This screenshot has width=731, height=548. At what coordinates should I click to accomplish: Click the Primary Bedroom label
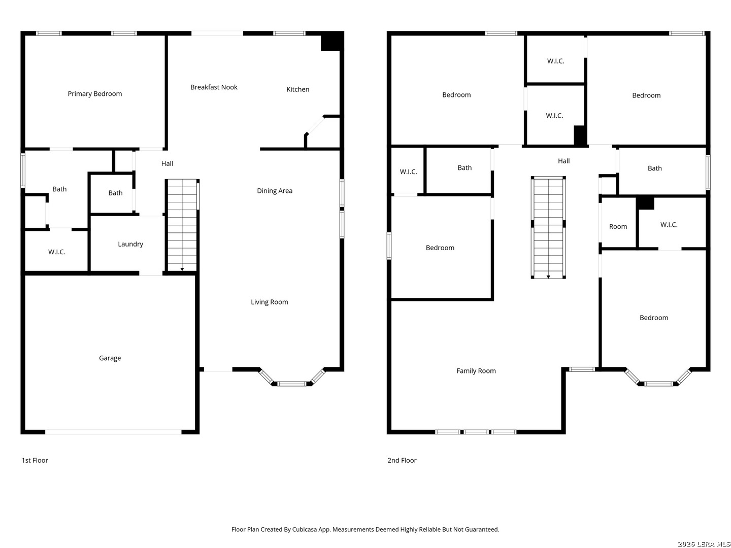[x=94, y=94]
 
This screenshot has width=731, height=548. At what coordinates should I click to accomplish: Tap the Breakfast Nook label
[x=214, y=87]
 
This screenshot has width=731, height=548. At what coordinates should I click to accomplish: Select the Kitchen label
[x=297, y=89]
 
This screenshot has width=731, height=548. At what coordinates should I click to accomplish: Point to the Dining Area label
[x=275, y=191]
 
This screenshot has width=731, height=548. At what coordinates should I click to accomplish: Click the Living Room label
[x=269, y=302]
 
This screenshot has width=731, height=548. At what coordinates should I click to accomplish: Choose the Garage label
[x=110, y=358]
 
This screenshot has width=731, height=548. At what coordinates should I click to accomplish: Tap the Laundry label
[x=130, y=244]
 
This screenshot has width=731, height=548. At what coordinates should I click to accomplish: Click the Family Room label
[x=476, y=370]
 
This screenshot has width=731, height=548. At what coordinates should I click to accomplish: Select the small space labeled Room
[x=617, y=227]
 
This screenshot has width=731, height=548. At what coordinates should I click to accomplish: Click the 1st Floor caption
[x=35, y=460]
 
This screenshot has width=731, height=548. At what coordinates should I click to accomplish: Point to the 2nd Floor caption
[x=402, y=460]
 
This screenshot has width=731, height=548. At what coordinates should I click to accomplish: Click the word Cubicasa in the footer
[x=304, y=529]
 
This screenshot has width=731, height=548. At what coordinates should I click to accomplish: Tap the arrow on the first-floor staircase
[x=182, y=269]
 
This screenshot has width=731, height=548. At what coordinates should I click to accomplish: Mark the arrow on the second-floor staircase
[x=548, y=277]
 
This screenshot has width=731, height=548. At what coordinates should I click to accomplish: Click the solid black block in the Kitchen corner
[x=331, y=42]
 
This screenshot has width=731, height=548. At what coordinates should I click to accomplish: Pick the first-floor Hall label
[x=167, y=163]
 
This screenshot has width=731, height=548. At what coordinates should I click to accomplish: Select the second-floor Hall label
[x=563, y=161]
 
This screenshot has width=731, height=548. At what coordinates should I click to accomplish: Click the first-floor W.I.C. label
[x=57, y=252]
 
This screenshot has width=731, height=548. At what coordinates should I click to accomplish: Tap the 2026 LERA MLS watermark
[x=704, y=543]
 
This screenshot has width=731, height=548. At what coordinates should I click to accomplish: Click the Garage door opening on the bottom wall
[x=113, y=432]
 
